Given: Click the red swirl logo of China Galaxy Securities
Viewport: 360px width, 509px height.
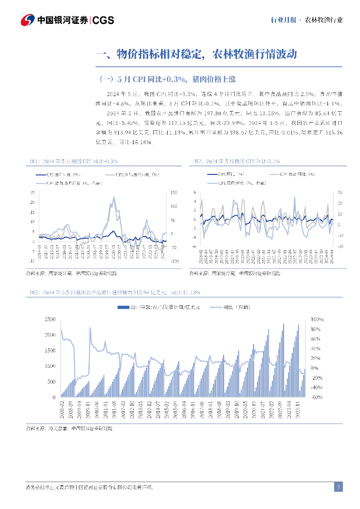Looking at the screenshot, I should click(27, 20).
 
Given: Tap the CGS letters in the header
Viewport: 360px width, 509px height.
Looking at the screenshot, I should click(104, 20).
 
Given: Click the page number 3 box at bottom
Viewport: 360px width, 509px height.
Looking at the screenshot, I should click(338, 487).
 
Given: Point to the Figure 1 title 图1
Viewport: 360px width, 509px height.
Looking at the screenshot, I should click(72, 161).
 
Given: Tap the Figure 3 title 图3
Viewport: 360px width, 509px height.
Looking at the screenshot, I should click(112, 293).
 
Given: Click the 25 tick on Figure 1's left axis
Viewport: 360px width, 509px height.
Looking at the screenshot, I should click(32, 192).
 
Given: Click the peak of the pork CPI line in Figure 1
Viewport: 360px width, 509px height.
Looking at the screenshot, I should click(114, 197).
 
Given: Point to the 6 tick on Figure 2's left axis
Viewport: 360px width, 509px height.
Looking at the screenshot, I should click(195, 192).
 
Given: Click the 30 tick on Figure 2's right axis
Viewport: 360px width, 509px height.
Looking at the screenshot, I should click(340, 192).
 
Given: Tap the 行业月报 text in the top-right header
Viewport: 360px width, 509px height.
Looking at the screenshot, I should click(283, 20).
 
